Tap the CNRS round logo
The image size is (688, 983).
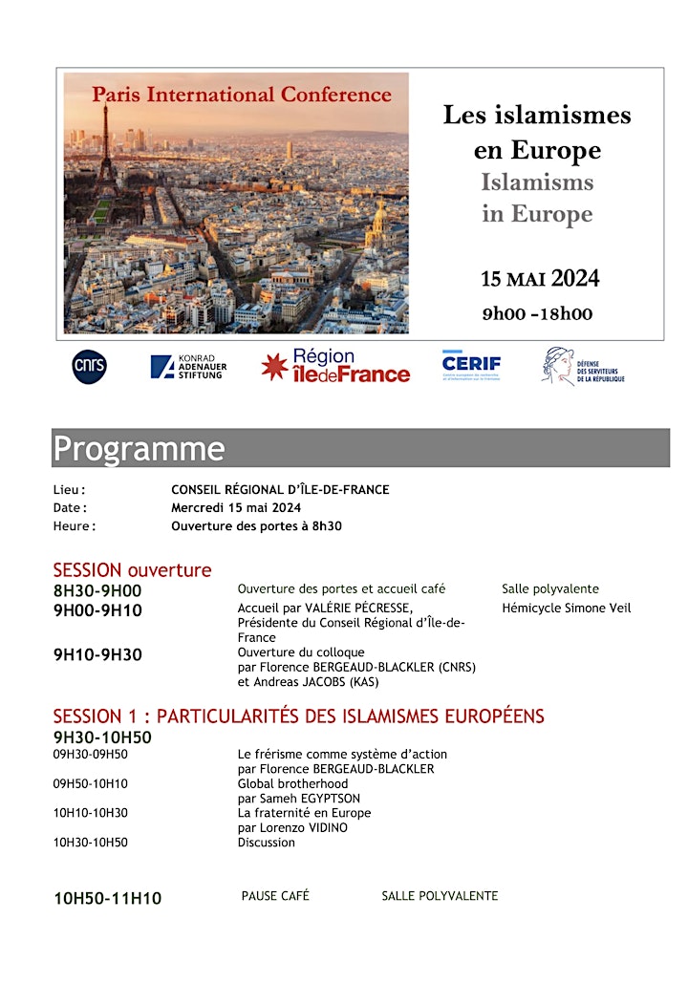(90, 367)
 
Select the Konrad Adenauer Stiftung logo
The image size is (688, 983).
(188, 367)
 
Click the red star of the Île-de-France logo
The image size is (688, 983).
(274, 367)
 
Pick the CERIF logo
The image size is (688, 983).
(471, 365)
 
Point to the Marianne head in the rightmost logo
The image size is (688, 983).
(558, 365)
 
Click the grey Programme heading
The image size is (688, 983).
(140, 448)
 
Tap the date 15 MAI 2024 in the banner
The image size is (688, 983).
(540, 279)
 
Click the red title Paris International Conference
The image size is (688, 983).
(242, 95)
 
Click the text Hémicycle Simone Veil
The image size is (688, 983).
(566, 609)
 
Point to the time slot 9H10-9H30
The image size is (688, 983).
(97, 655)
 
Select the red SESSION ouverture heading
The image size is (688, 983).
(132, 570)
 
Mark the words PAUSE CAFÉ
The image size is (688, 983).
(275, 896)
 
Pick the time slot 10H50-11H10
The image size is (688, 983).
(107, 898)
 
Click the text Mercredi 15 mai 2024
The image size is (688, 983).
(236, 507)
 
